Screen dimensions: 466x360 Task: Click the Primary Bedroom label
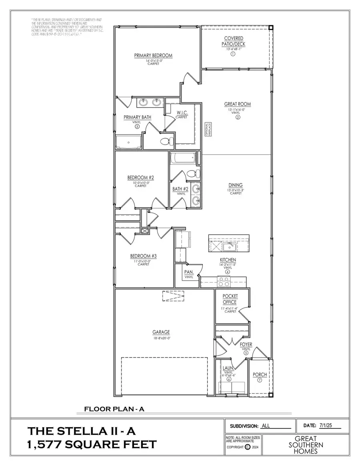point(153,56)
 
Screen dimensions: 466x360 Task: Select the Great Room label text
point(237,104)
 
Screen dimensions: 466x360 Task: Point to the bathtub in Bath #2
point(182,159)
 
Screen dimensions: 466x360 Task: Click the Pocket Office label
point(230,299)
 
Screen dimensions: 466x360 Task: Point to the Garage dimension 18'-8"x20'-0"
point(161,338)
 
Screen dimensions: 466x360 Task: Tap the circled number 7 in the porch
point(260,380)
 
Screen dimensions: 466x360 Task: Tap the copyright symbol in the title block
point(247,447)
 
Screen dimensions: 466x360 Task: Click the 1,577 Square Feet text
point(92,444)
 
